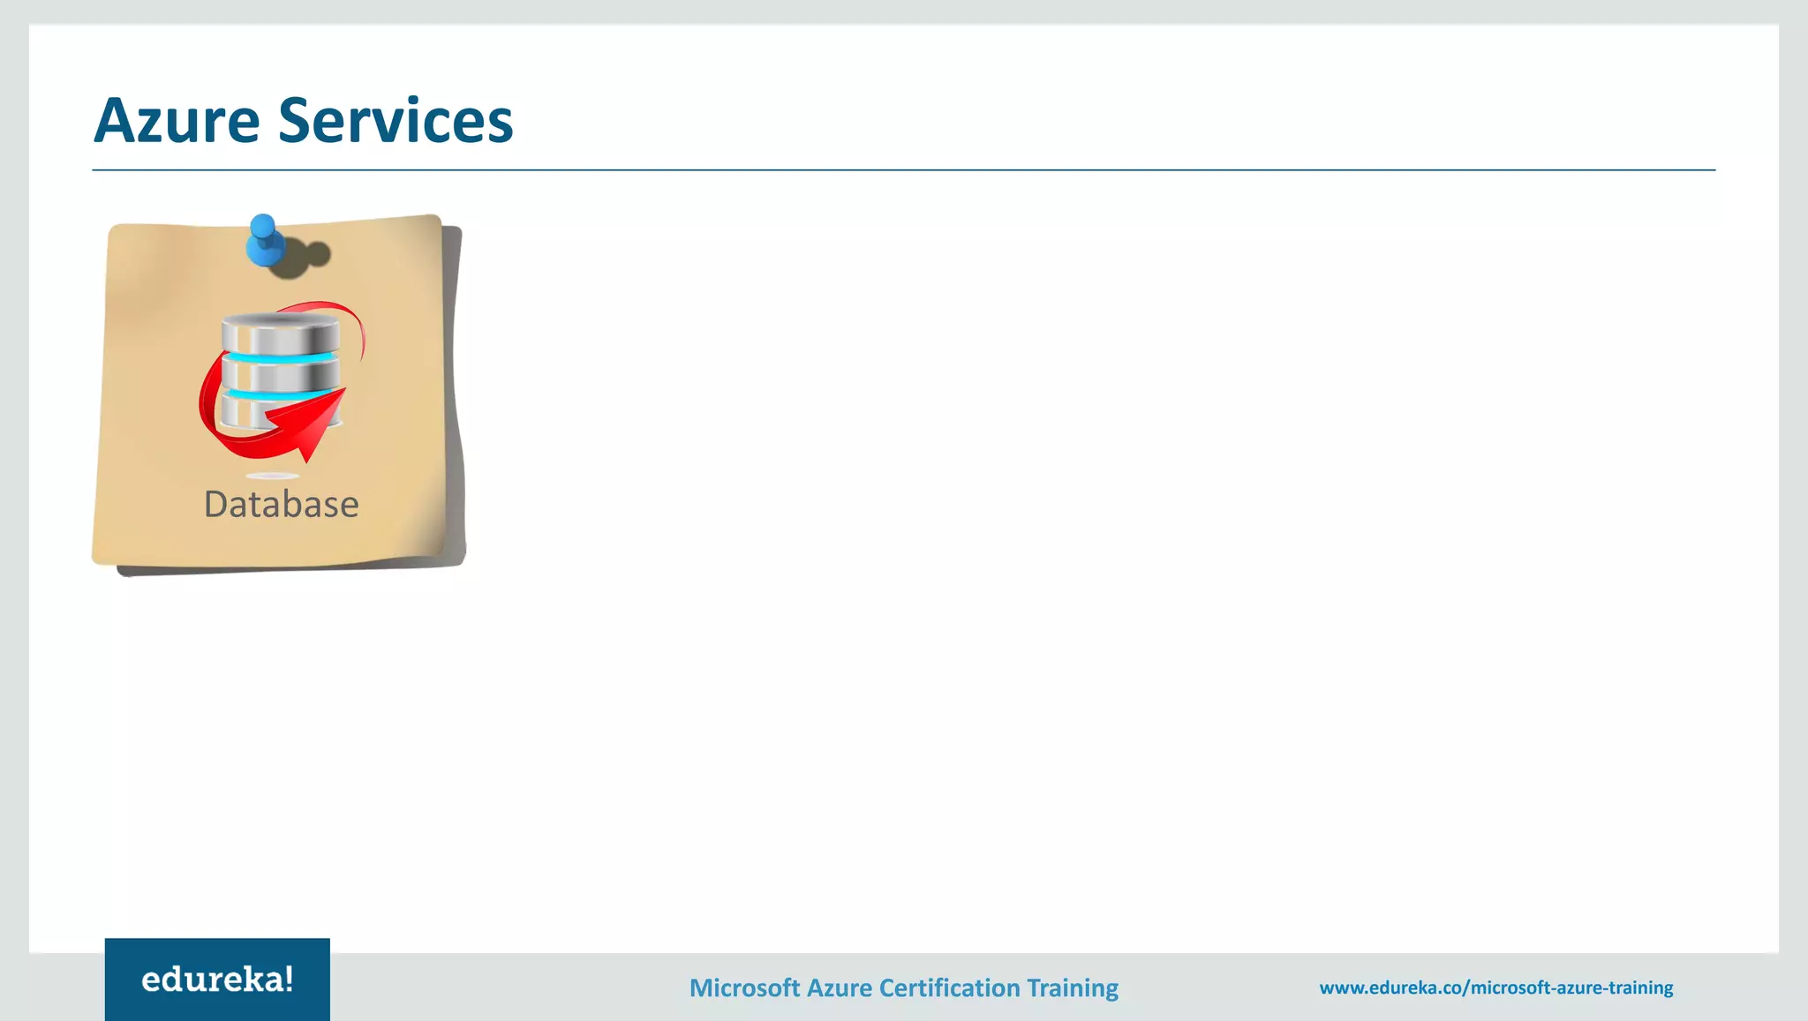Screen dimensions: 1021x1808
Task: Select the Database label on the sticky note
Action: pos(281,505)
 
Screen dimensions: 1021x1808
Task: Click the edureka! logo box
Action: pos(217,980)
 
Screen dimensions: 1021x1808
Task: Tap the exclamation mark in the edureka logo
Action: pos(288,979)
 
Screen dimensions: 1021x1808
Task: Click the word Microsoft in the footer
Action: pos(744,987)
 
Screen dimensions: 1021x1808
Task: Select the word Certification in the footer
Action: pos(949,987)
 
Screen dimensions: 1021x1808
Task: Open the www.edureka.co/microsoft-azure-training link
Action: pos(1495,987)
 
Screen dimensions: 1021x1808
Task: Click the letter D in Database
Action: pos(216,505)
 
